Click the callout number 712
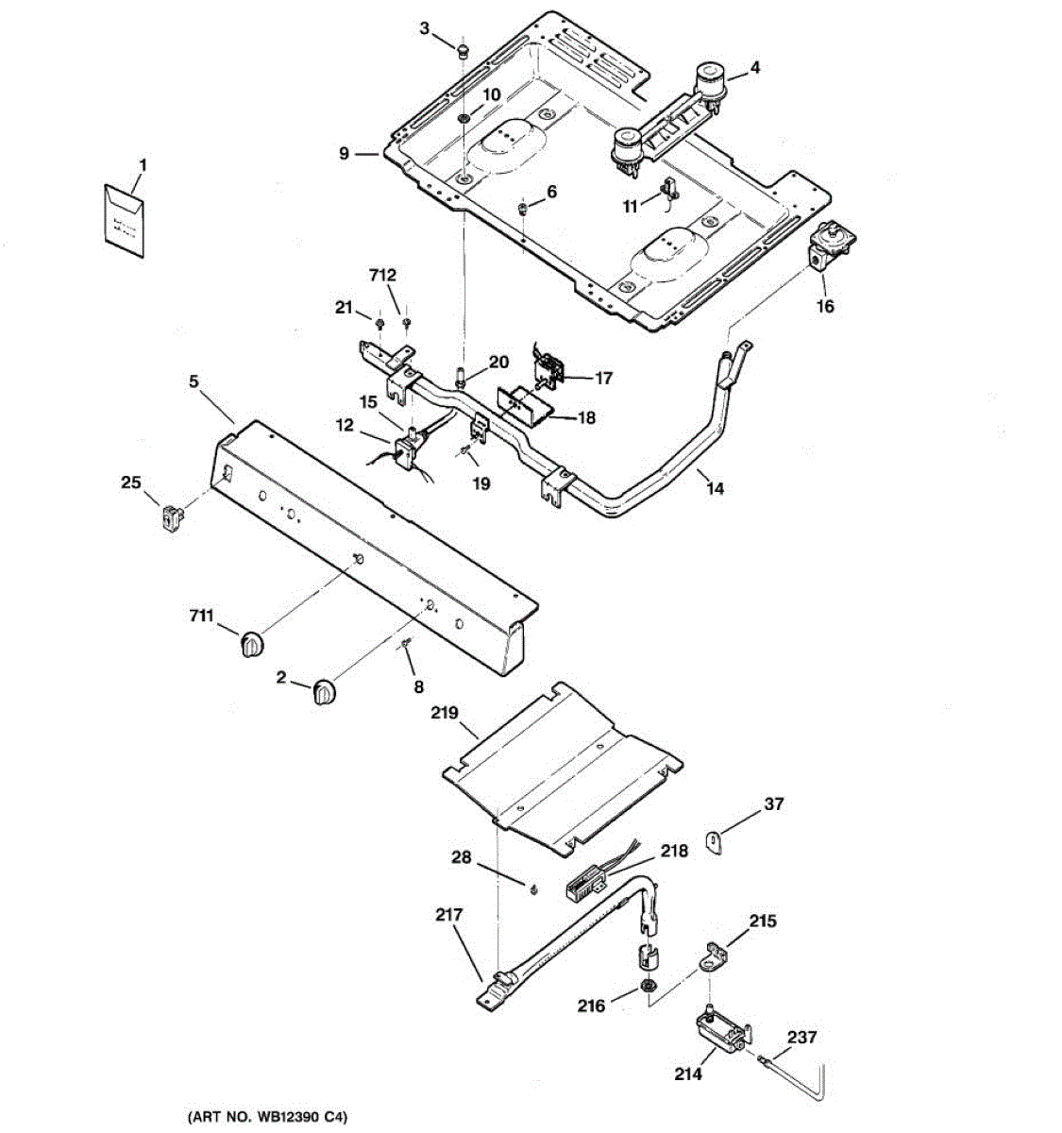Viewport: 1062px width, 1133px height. (382, 276)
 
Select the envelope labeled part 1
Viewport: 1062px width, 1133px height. (125, 221)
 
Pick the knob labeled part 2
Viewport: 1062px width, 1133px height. (324, 692)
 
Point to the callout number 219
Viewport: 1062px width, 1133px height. (445, 713)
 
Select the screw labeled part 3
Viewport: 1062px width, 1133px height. (464, 53)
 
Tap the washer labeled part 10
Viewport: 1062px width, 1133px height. (464, 118)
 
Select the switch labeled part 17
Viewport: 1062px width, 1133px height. (547, 369)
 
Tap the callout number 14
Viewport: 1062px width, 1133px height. (715, 488)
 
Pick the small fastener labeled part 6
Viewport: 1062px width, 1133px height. (522, 208)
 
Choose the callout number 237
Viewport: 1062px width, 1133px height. (801, 1037)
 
